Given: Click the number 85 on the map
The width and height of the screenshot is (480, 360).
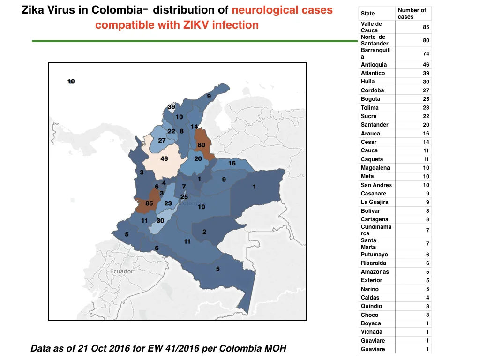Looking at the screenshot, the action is tap(149, 203).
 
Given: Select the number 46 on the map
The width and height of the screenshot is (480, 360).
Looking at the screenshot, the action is tap(164, 158).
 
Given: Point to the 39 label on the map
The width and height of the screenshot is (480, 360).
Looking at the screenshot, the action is tap(172, 107).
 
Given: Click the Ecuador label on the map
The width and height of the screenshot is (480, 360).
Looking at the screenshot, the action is tap(121, 271).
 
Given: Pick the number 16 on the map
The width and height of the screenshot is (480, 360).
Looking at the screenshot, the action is tap(232, 163).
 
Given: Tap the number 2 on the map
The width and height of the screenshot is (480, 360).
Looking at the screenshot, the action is tap(204, 232).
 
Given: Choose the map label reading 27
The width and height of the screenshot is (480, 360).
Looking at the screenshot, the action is tap(162, 141).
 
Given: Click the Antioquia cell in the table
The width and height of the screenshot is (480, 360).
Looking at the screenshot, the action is tap(374, 65).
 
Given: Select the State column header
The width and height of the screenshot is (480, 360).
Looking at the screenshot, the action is tap(367, 14).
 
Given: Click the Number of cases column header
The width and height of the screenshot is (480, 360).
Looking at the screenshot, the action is tap(412, 14).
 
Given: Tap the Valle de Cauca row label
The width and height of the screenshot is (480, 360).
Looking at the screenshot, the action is tap(371, 27).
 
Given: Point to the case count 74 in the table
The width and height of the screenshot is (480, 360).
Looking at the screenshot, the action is tap(426, 53).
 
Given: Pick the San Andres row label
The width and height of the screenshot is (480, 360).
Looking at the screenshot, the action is tap(376, 185).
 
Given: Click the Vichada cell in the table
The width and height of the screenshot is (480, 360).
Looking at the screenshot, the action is tap(371, 332).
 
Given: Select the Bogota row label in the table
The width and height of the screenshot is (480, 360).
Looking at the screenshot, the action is tap(370, 99).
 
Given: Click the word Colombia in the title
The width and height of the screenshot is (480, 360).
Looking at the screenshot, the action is tap(117, 10).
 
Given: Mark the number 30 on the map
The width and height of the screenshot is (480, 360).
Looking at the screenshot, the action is tap(160, 220).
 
